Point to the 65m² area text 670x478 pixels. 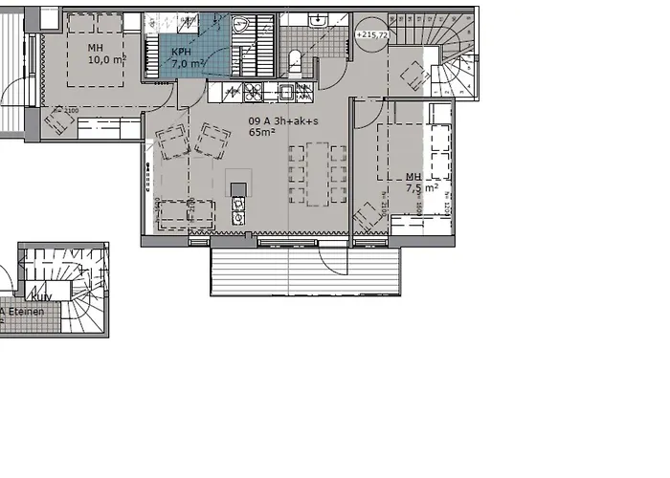point(261,134)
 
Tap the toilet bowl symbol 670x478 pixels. point(295,61)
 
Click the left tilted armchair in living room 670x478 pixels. point(173,144)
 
